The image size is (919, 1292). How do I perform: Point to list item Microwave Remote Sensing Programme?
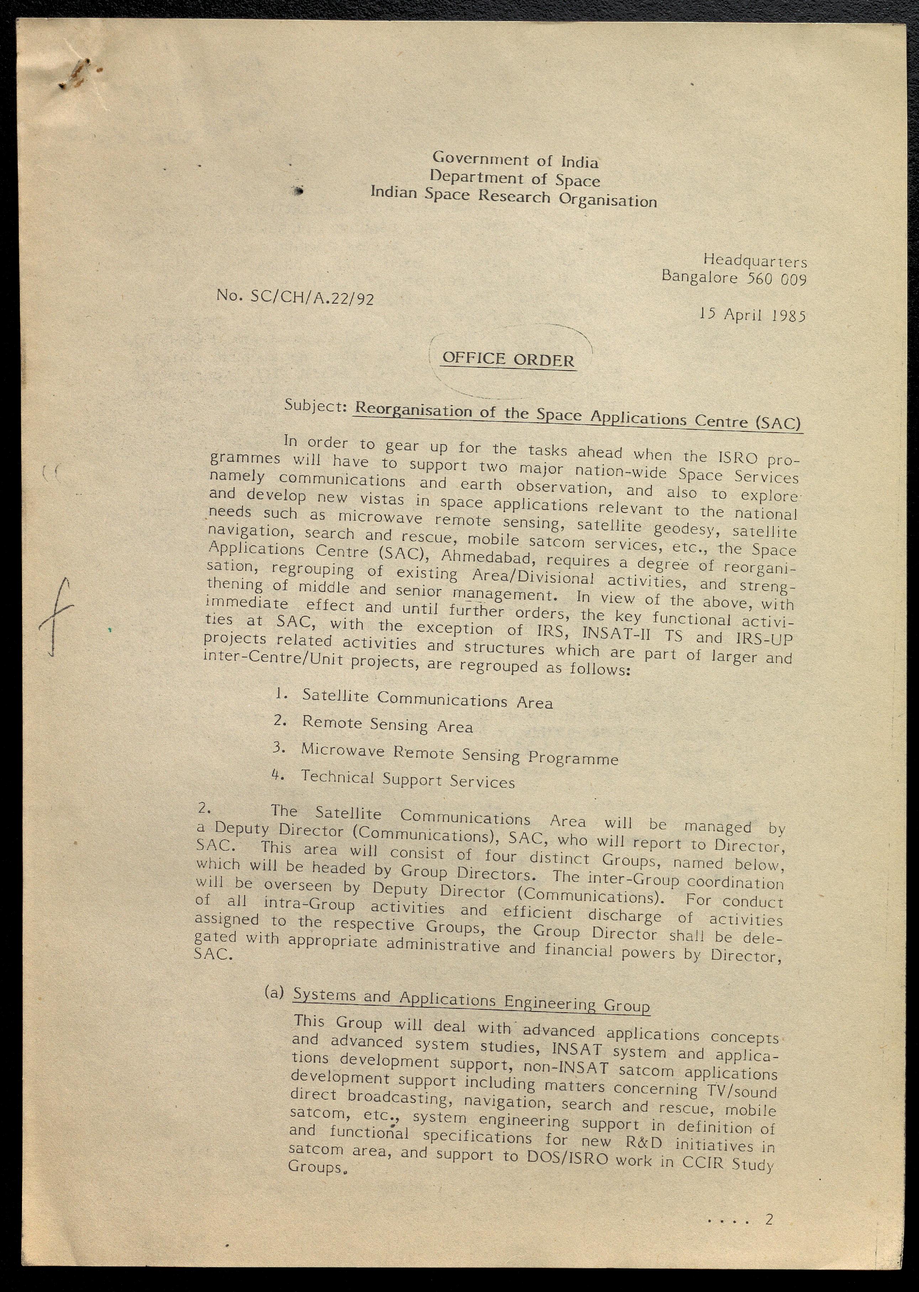coord(459,754)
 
